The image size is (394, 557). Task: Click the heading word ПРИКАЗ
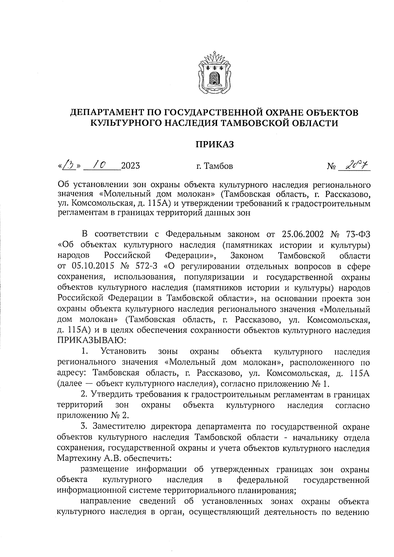[215, 144]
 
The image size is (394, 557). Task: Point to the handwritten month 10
[98, 165]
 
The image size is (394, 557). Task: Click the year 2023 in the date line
[130, 166]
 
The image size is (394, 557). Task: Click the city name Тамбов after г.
[219, 166]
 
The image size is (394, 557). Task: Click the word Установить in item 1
[123, 352]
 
